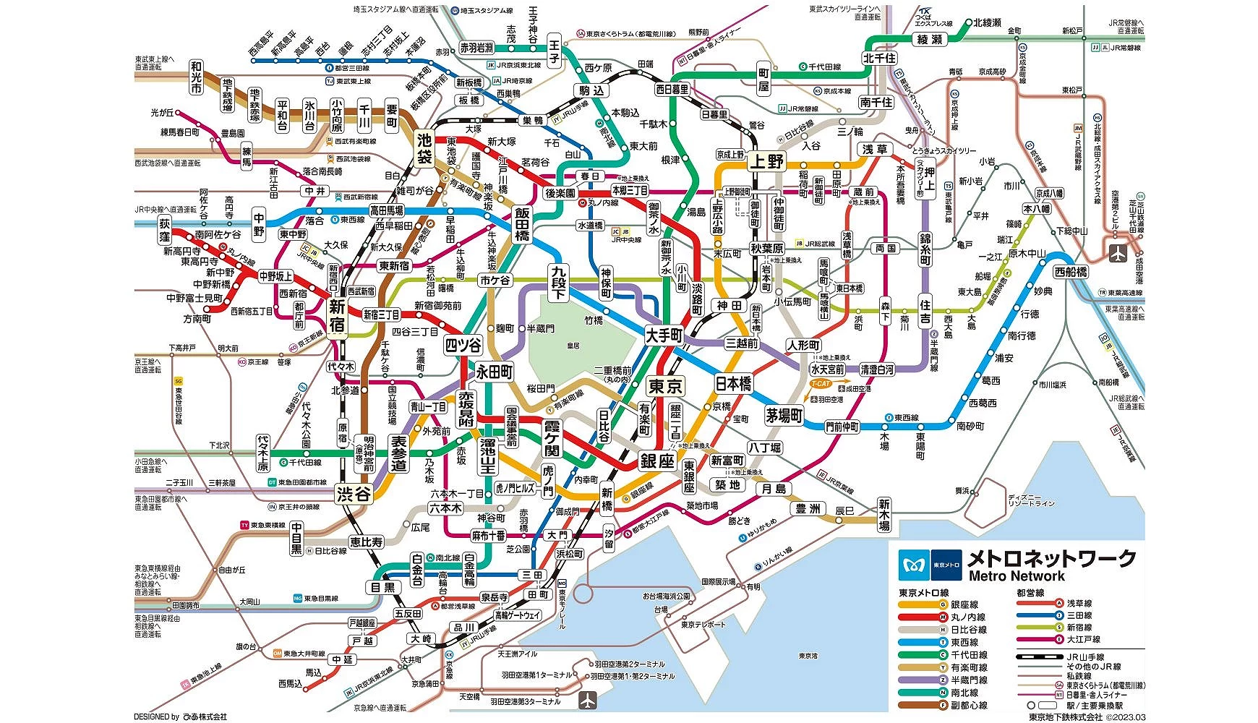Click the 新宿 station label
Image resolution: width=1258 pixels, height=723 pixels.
pos(338,316)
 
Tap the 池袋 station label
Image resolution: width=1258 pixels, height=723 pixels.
pos(424,149)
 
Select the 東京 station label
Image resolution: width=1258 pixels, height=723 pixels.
pos(665,386)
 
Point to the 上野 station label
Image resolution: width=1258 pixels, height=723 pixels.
pos(766,161)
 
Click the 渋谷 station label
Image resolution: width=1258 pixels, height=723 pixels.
pos(354,495)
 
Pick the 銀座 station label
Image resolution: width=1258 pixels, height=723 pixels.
pos(656,461)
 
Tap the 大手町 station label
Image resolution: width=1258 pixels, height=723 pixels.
pos(664,335)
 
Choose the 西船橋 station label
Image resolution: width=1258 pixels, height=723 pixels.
pos(1071,272)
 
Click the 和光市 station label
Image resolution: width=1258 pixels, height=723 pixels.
pos(197,77)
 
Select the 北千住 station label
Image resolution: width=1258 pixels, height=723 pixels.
pos(879,58)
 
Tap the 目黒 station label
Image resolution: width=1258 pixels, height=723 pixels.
pos(383,587)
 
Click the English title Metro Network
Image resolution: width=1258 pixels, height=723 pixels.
pos(1017,576)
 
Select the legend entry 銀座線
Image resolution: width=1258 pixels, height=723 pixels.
pos(964,604)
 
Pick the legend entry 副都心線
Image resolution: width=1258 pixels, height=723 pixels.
pos(969,705)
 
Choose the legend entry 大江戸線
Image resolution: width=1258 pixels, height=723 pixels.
pos(1083,639)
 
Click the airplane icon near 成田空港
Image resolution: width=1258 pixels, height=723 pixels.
pos(1118,253)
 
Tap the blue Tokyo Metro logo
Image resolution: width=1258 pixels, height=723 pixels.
pos(914,565)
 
